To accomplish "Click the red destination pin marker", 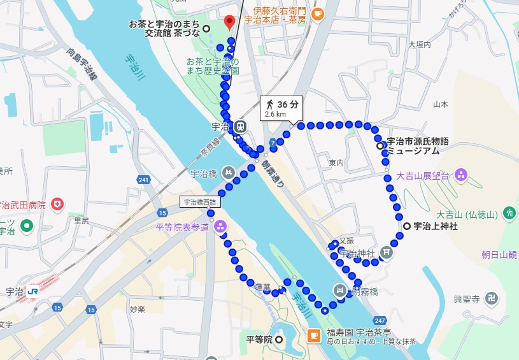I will pyautogui.click(x=231, y=21).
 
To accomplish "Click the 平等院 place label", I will pyautogui.click(x=259, y=339).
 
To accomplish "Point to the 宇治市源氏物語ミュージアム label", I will pyautogui.click(x=417, y=145).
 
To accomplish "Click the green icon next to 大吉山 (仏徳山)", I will pyautogui.click(x=509, y=213).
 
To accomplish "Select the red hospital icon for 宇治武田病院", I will pyautogui.click(x=58, y=205).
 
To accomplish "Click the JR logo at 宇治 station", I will pyautogui.click(x=33, y=291).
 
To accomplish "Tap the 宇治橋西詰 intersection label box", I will pyautogui.click(x=199, y=203).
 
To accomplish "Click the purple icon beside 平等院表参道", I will pyautogui.click(x=220, y=226).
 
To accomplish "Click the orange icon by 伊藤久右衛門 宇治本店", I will pyautogui.click(x=317, y=14).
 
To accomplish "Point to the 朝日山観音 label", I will pyautogui.click(x=500, y=254).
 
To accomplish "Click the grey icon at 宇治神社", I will pyautogui.click(x=386, y=253).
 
